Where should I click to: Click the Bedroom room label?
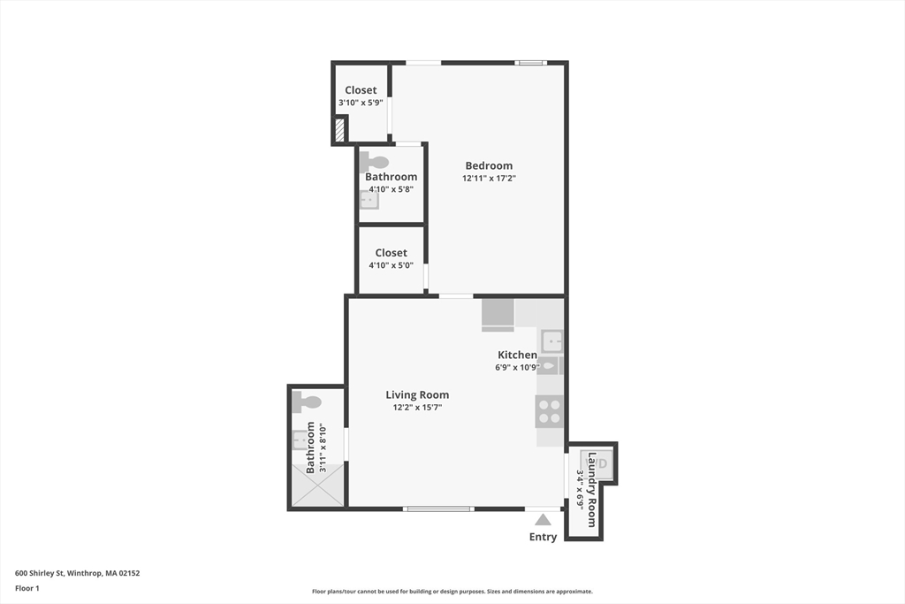coord(489,165)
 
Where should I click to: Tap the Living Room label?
coord(417,395)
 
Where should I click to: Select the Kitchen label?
coord(517,355)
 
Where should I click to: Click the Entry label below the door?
coord(543,537)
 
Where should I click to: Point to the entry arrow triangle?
coord(543,520)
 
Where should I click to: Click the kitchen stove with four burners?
coord(549,411)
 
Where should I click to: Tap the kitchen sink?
coord(552,340)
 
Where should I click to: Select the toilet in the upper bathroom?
coord(375,162)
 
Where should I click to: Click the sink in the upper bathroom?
coord(369,200)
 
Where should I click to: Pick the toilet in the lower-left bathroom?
coord(308,402)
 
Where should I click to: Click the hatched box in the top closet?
coord(339,132)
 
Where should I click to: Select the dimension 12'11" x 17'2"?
coord(489,179)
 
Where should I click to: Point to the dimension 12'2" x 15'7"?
coord(417,408)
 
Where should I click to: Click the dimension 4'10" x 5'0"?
coord(391,265)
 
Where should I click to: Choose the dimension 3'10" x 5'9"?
coord(361,103)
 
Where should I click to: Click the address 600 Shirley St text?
coord(77,573)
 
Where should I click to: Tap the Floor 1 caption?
coord(27,587)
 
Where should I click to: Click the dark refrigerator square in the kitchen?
coord(498,314)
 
